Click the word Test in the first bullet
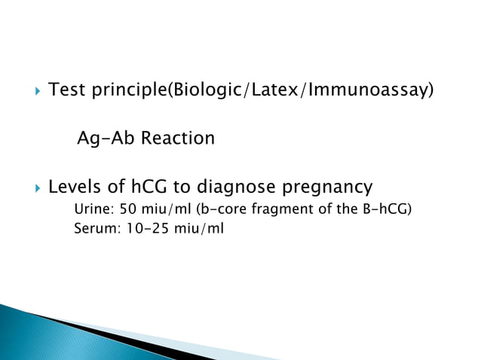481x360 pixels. coord(66,92)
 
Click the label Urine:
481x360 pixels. coord(92,209)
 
